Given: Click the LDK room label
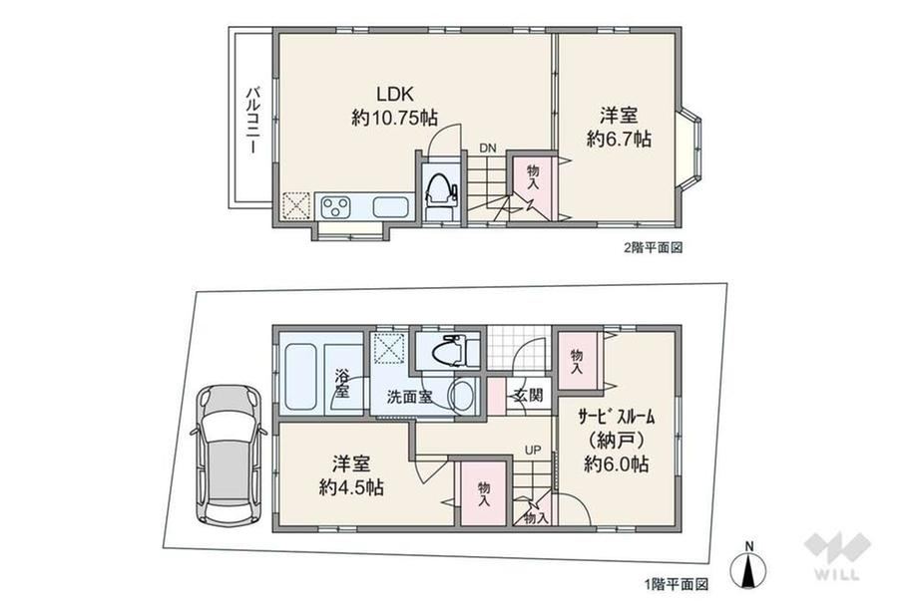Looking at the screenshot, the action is [x=395, y=94].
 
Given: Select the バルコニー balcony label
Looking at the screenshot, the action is [x=253, y=120].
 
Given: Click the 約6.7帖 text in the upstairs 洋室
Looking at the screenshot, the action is [x=620, y=139].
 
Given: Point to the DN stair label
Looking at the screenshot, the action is [x=488, y=149].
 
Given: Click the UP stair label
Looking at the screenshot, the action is [x=533, y=451].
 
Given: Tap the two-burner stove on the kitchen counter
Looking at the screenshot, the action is [x=335, y=207].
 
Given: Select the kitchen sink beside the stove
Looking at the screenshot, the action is [x=391, y=207].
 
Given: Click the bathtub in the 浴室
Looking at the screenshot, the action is [x=301, y=377].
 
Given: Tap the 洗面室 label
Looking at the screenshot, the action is [x=410, y=397].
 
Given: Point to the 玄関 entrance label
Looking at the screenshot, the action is [x=529, y=396].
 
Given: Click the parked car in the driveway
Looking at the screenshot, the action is [x=228, y=454].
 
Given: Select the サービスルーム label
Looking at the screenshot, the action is [x=616, y=417].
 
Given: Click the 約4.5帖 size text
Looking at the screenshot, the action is [x=351, y=487].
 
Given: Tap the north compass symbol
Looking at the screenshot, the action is [x=748, y=568].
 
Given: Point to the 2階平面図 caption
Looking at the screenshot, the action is [x=653, y=248].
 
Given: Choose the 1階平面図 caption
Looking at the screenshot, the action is [x=677, y=584].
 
